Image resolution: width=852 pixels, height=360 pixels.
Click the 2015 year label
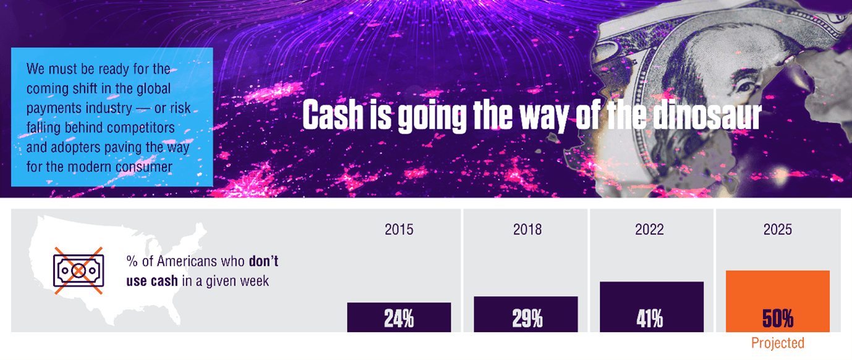(399, 230)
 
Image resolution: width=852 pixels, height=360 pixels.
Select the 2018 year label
(527, 230)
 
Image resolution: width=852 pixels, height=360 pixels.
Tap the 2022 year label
(649, 230)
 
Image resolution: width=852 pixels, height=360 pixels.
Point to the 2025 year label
(777, 230)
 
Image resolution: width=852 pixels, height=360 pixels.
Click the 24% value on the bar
(399, 319)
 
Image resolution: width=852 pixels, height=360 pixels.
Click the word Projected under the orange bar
(777, 343)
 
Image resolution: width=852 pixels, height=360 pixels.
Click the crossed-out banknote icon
(78, 270)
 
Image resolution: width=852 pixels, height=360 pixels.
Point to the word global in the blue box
(155, 89)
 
